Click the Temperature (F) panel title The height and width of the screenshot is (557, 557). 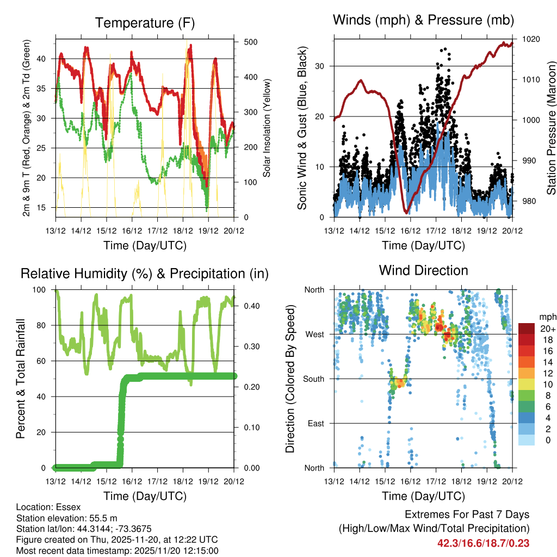pos(145,23)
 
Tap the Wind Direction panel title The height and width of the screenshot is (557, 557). pos(423,270)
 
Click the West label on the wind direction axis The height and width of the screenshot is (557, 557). pos(314,334)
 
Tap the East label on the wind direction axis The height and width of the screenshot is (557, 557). pos(316,423)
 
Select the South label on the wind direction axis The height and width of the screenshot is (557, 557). pos(314,379)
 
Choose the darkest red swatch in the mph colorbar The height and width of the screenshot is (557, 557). pos(527,329)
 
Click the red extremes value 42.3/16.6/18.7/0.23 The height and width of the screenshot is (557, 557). pos(484,543)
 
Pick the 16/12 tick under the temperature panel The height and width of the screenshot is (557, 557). pos(132,231)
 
